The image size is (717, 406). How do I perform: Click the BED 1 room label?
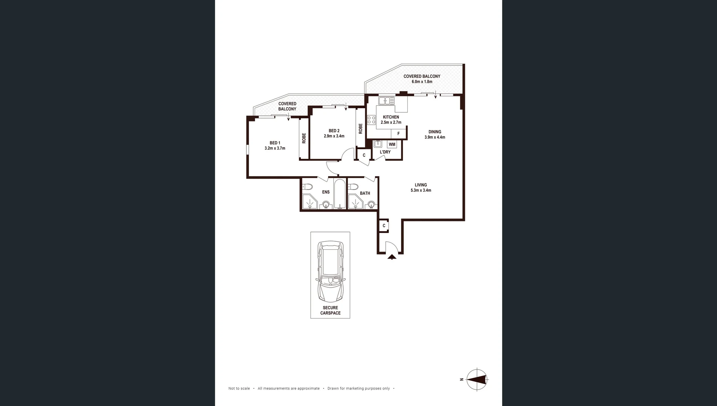click(x=275, y=143)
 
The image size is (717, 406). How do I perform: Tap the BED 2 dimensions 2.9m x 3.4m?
click(x=334, y=136)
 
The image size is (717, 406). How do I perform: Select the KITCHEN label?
click(x=391, y=117)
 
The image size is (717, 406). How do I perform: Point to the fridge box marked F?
click(x=398, y=133)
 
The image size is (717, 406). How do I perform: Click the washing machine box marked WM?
click(x=392, y=144)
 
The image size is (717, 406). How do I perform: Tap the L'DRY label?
click(x=385, y=152)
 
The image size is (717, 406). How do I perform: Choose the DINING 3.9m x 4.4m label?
click(x=434, y=135)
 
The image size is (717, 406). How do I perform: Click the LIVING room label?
click(x=421, y=185)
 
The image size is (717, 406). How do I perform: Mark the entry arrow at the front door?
click(x=392, y=257)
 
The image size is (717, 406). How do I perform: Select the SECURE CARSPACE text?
click(x=330, y=311)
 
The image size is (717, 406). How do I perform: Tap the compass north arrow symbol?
click(x=477, y=380)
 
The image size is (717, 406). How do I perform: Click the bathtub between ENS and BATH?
click(x=340, y=194)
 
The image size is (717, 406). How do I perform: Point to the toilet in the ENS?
click(x=307, y=187)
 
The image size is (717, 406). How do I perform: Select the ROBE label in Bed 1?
click(x=304, y=138)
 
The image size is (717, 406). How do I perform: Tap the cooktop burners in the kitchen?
click(x=371, y=120)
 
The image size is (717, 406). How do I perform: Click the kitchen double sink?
click(x=386, y=101)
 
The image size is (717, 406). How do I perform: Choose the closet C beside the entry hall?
click(x=384, y=226)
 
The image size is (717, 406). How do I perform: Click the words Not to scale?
click(x=239, y=389)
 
